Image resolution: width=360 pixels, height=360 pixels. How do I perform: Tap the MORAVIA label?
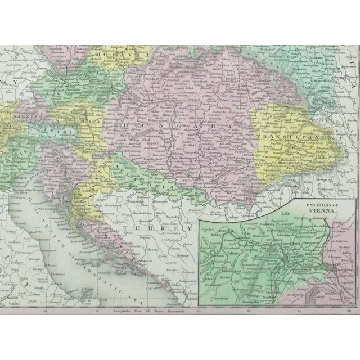click(109, 55)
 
